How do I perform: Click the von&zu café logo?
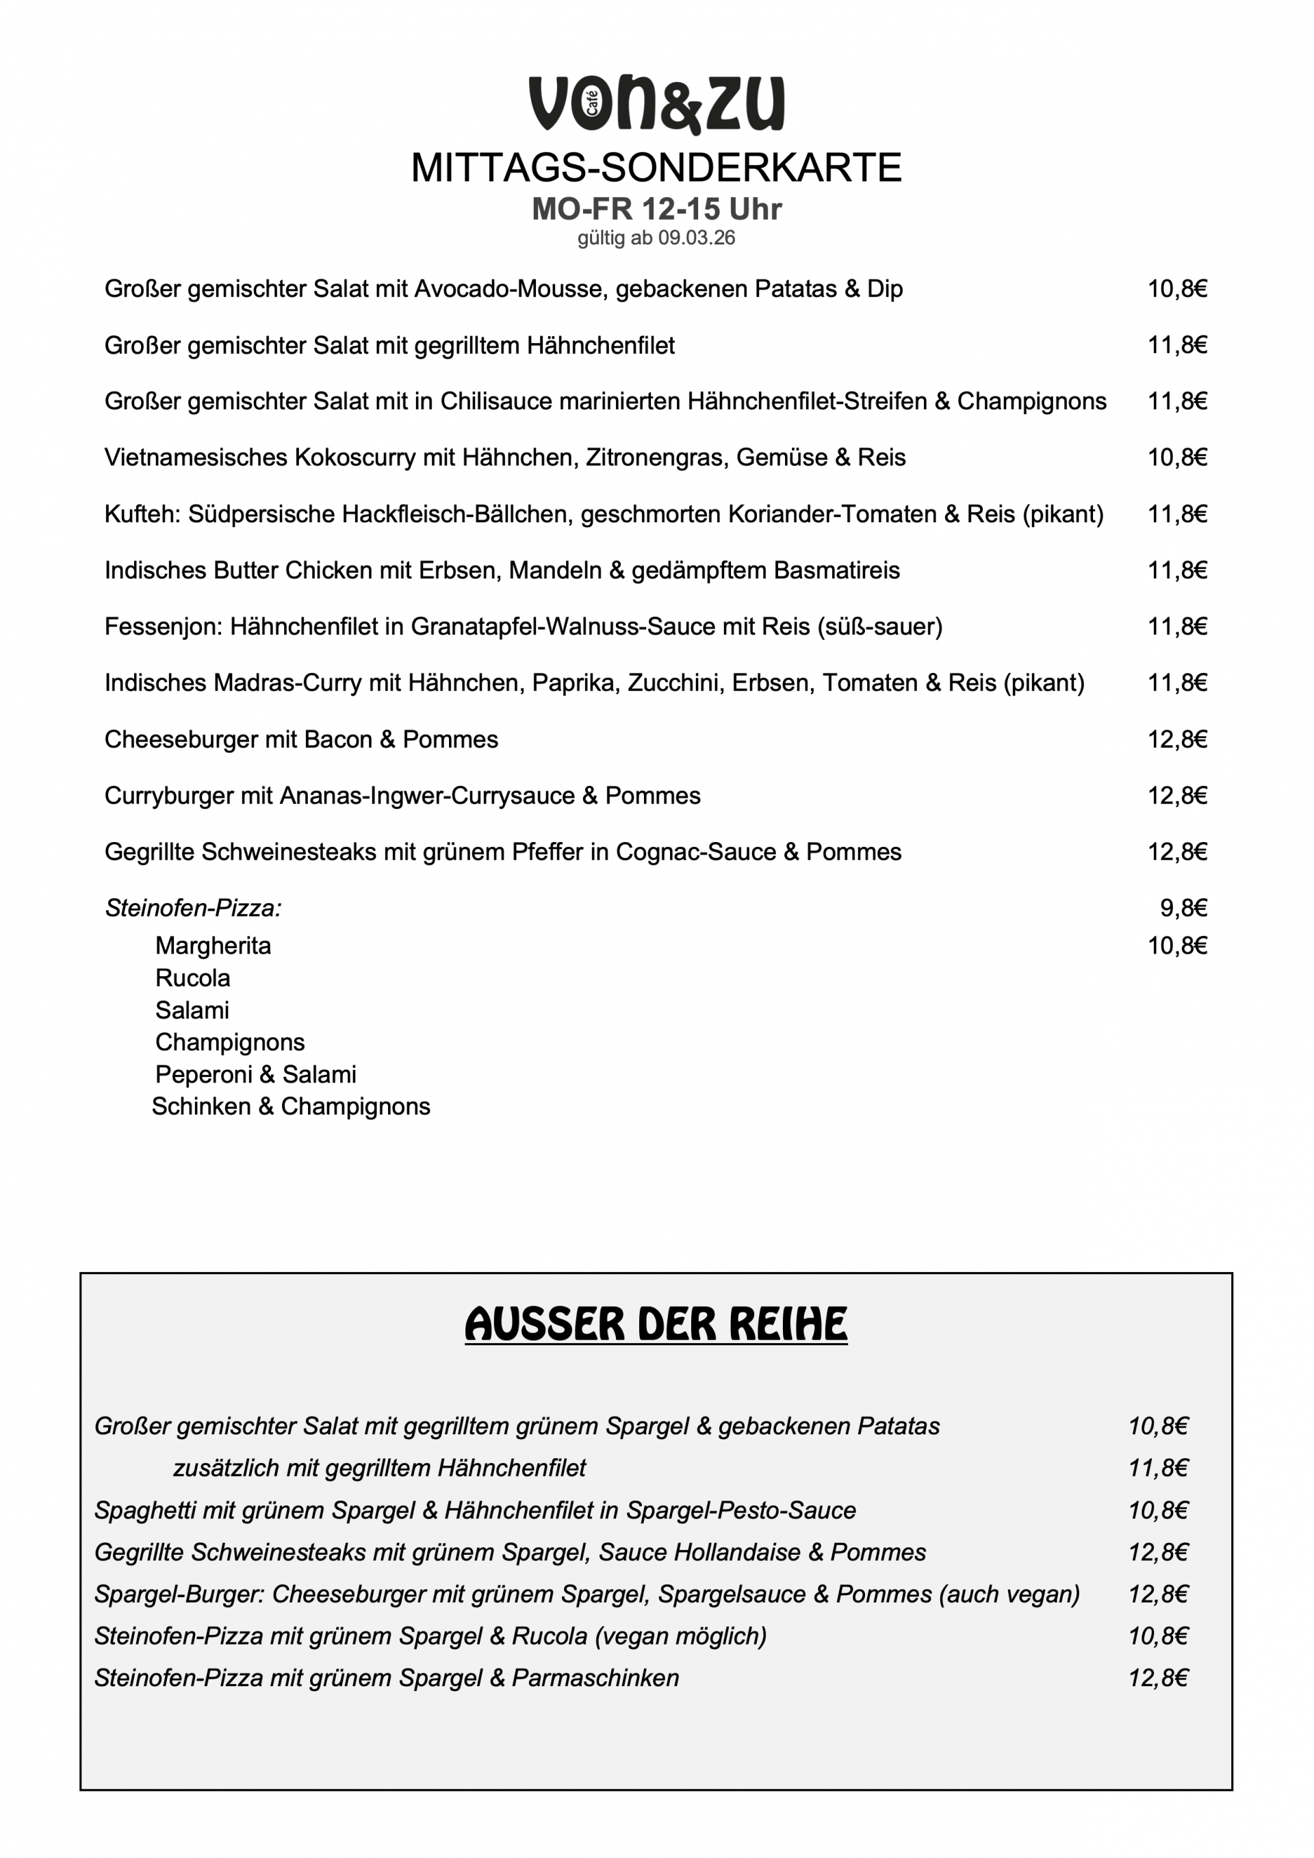click(656, 105)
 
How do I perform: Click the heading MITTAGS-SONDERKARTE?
click(656, 168)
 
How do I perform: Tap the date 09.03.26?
click(696, 239)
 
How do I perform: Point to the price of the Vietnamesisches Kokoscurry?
click(1177, 458)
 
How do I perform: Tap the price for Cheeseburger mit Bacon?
click(1177, 739)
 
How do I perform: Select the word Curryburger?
click(169, 796)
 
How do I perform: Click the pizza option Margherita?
click(213, 946)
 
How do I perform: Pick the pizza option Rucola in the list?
click(192, 978)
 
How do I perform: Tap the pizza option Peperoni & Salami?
click(256, 1075)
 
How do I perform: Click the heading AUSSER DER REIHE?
click(656, 1325)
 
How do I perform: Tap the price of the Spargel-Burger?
click(1158, 1594)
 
